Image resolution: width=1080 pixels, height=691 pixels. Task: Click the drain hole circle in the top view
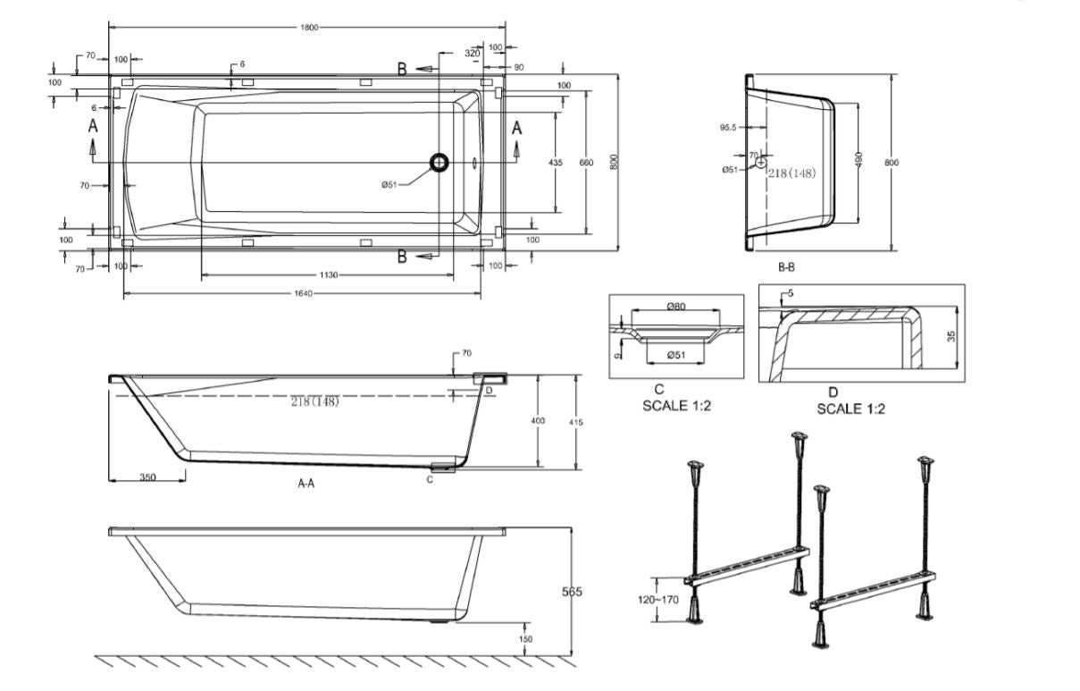tap(440, 163)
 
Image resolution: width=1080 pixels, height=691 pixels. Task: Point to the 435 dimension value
tap(556, 163)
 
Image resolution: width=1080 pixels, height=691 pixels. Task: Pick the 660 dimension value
tap(586, 163)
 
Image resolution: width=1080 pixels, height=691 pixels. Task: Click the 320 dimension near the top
tap(472, 54)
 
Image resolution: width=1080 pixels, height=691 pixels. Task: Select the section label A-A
tap(306, 483)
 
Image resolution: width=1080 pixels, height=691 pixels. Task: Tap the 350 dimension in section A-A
tap(147, 477)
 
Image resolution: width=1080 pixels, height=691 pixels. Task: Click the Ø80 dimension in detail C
tap(676, 308)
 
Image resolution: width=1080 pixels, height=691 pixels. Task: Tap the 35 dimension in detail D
tap(950, 336)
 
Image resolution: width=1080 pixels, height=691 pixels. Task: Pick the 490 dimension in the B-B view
tap(858, 157)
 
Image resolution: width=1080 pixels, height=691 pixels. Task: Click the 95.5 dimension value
tap(728, 128)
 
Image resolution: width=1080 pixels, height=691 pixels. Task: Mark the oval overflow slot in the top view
tap(475, 163)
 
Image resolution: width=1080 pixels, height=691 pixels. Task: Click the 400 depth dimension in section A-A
tap(539, 421)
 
